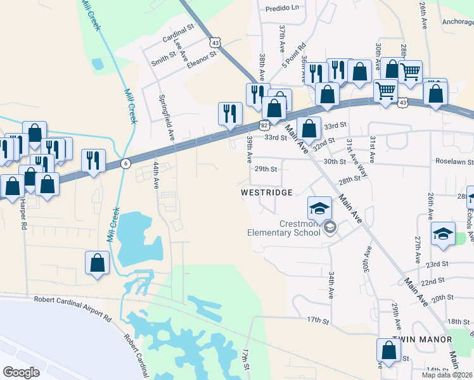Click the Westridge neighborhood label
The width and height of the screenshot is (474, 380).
[266, 191]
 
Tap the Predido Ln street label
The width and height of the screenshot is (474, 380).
[282, 8]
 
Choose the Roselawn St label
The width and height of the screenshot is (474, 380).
[454, 162]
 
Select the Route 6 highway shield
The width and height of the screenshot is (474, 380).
[126, 163]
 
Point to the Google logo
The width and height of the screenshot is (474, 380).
[21, 372]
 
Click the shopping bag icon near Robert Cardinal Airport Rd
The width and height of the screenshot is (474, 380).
[98, 263]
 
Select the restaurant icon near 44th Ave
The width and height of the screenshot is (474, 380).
[94, 160]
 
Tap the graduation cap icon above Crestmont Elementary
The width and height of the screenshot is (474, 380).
[320, 207]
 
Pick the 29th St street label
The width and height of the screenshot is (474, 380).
[266, 169]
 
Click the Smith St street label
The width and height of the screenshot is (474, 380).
[163, 60]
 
